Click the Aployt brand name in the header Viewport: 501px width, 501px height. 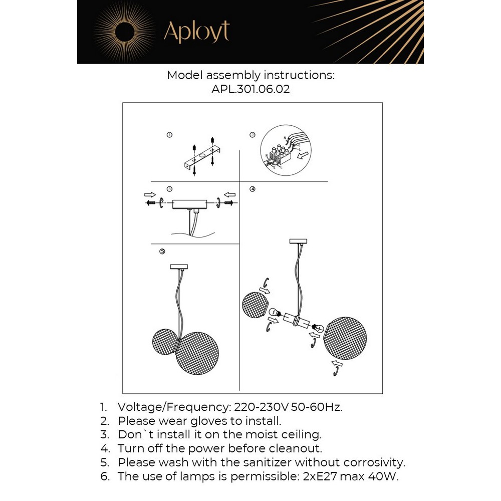pos(196,32)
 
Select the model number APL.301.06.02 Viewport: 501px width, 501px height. pos(250,90)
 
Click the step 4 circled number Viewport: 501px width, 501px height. pos(253,189)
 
